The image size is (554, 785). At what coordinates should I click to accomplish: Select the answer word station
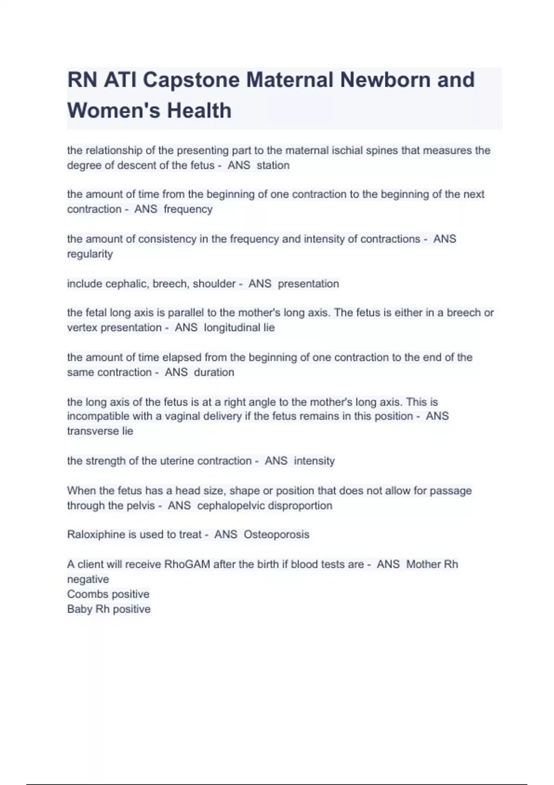pyautogui.click(x=273, y=165)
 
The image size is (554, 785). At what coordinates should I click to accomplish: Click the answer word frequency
pyautogui.click(x=188, y=209)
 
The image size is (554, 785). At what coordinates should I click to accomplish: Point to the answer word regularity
pyautogui.click(x=90, y=254)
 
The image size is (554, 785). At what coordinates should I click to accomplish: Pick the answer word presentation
pyautogui.click(x=308, y=284)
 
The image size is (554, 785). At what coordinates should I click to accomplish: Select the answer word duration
pyautogui.click(x=214, y=372)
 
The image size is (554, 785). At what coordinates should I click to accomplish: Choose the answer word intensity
pyautogui.click(x=314, y=461)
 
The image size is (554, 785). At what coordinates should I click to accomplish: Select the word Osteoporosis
pyautogui.click(x=276, y=535)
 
